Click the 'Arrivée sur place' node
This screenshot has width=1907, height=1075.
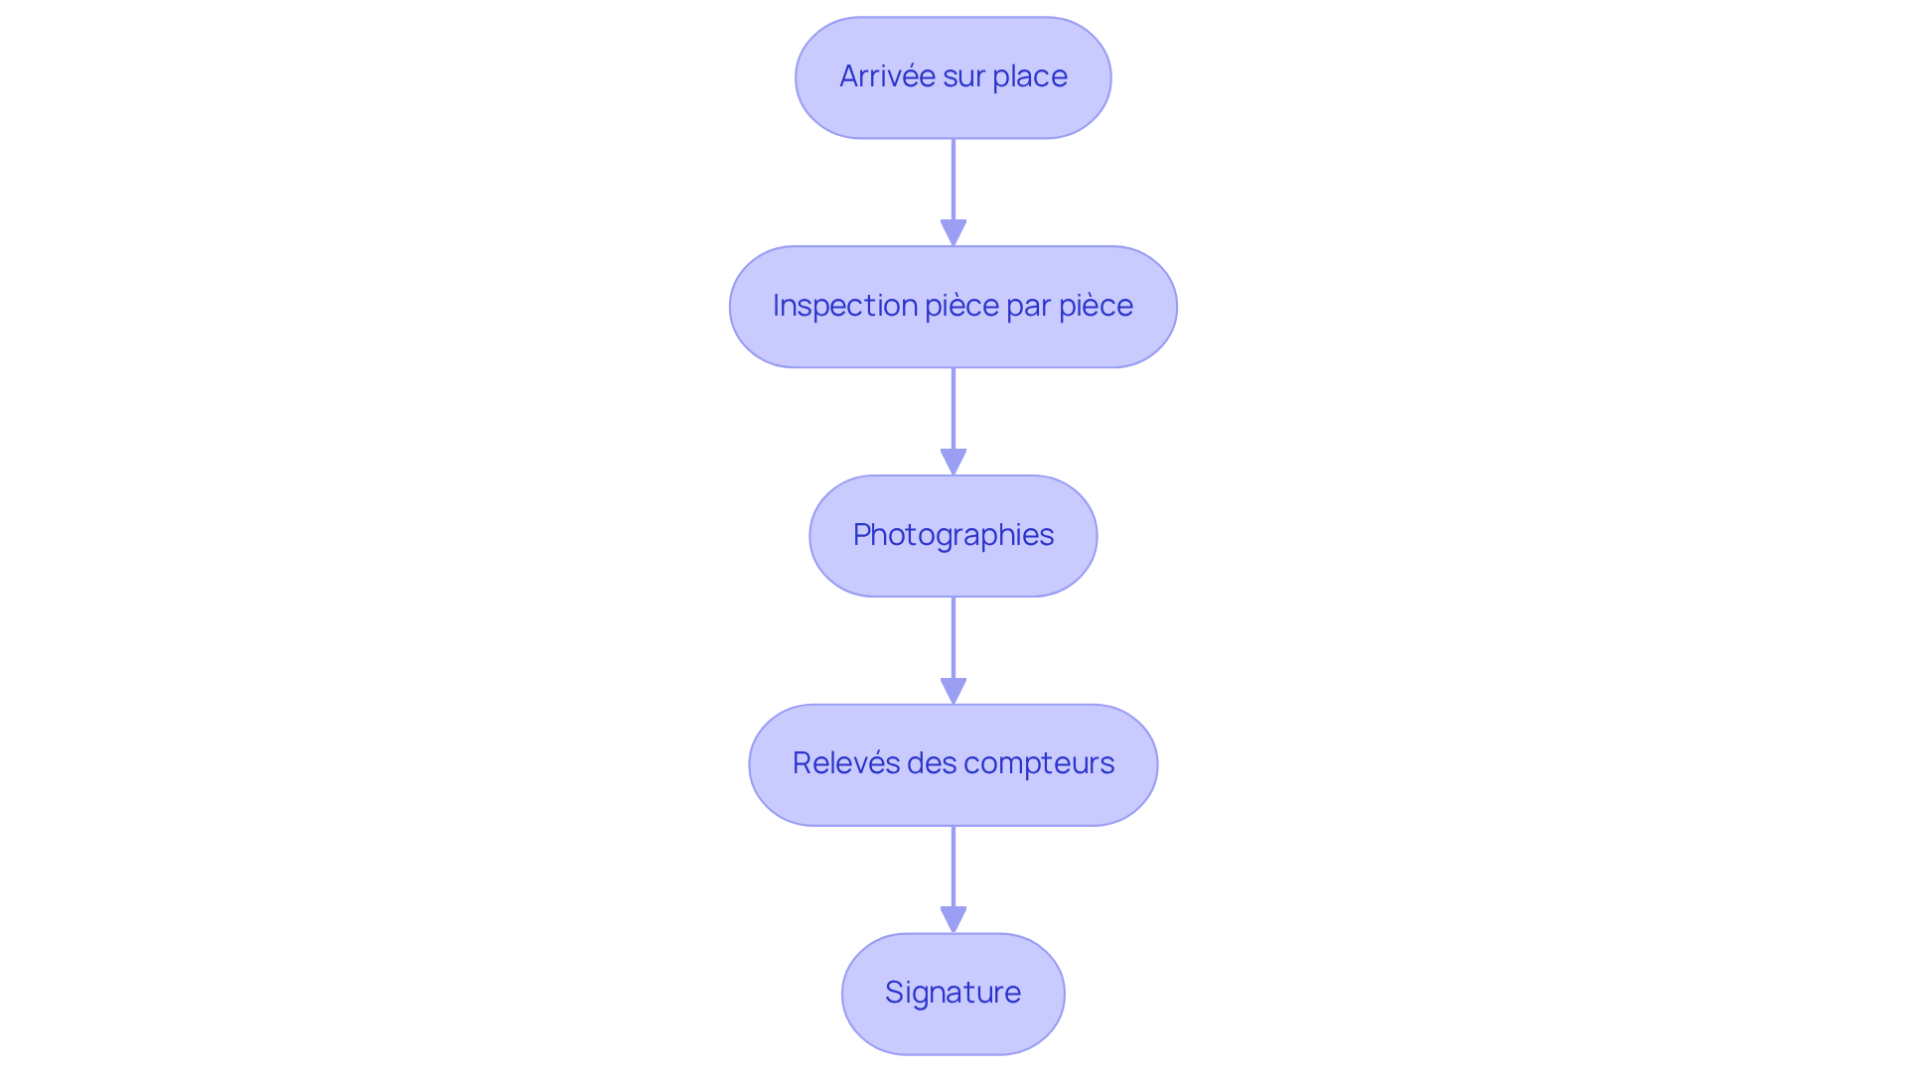tap(953, 77)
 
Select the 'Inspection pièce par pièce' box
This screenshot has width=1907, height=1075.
tap(953, 307)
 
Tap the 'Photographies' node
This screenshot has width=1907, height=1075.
tap(953, 536)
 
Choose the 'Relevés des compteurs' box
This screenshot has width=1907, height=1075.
tap(953, 764)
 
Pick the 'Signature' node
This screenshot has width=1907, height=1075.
tap(953, 994)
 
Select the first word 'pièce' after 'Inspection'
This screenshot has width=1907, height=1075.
tap(961, 306)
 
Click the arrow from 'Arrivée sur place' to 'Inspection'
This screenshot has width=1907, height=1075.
tap(953, 184)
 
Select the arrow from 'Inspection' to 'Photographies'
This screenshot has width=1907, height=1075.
tap(953, 412)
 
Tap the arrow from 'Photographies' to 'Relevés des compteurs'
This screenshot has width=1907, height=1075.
tap(953, 641)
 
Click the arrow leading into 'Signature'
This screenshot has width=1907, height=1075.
tap(953, 870)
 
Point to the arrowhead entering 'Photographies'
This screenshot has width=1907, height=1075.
tap(953, 462)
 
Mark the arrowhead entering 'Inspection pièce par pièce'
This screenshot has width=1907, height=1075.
tap(953, 232)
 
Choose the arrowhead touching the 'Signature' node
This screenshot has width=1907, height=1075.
tap(953, 919)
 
